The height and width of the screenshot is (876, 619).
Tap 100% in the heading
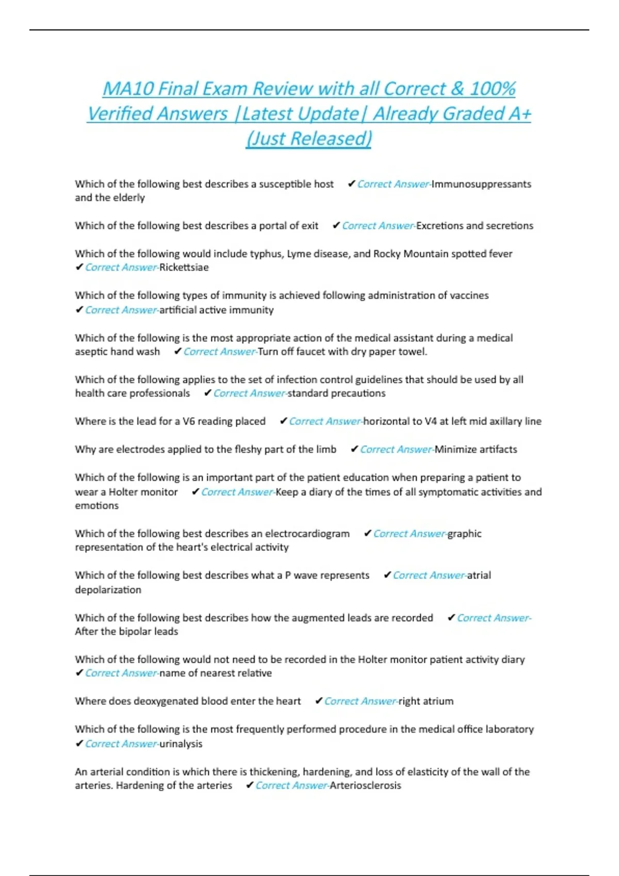(492, 89)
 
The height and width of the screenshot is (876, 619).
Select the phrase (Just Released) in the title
(309, 138)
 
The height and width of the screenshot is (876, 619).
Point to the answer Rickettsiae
(184, 267)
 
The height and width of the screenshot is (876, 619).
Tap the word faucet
(319, 351)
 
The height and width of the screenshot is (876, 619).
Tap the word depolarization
(108, 589)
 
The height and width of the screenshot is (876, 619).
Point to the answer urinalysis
(181, 744)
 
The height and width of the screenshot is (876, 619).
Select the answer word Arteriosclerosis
(365, 785)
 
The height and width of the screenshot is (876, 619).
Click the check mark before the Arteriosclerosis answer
(249, 785)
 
